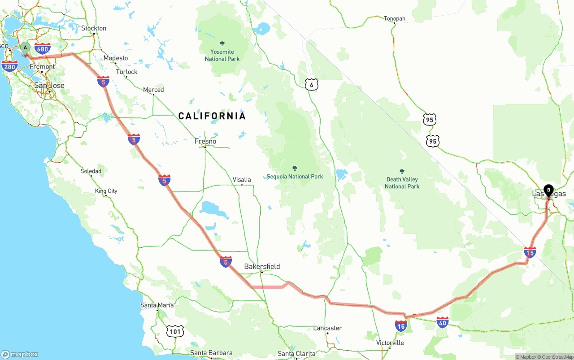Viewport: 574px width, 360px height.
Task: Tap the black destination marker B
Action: coord(548,191)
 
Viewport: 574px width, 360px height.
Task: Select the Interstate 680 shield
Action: coord(42,48)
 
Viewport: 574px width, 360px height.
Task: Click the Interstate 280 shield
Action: coord(9,67)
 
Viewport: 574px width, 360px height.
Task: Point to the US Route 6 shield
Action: coord(311,84)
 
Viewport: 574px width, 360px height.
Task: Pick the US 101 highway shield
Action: coord(174,332)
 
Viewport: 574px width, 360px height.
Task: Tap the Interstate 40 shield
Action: coord(442,322)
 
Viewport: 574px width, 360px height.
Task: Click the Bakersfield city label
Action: coord(262,267)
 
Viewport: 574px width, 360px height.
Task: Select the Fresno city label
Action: coord(205,142)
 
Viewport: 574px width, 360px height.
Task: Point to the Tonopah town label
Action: coord(394,19)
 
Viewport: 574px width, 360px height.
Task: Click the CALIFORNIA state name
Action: coord(212,116)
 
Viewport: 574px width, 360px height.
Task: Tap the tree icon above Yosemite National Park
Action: coord(222,43)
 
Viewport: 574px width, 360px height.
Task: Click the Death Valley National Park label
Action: coord(402,183)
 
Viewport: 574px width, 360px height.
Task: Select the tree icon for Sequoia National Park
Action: coord(295,169)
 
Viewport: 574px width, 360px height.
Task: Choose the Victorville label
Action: coord(390,343)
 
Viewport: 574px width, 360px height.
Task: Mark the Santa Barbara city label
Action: coord(211,353)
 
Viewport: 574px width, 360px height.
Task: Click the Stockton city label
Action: coord(94,28)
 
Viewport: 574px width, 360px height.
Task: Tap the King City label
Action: coord(106,191)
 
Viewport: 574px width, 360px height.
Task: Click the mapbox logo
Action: coord(20,354)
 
